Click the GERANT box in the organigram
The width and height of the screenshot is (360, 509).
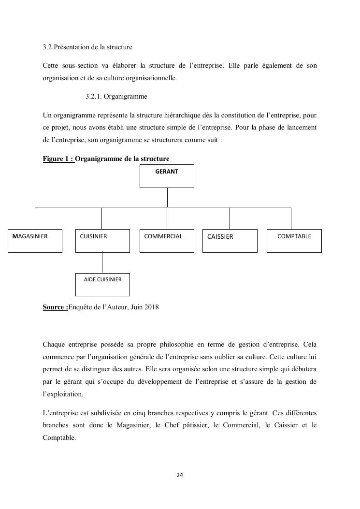coord(167,176)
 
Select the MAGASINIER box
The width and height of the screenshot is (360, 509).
coord(35,241)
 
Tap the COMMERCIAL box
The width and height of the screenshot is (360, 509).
coord(167,241)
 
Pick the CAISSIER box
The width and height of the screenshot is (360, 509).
coord(230,241)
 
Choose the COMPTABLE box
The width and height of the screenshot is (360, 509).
coord(294,241)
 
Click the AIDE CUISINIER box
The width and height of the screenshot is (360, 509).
coord(102,284)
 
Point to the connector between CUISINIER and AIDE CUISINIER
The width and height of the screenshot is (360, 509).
coord(102,262)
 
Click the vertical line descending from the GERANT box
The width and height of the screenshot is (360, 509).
coord(167,197)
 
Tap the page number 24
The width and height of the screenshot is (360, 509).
coord(180,475)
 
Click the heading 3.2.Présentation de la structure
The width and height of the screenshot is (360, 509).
coord(87,47)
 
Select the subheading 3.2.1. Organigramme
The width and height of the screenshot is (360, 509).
coord(116,97)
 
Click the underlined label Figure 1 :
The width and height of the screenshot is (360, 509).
coord(58,159)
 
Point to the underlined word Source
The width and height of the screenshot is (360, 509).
coord(55,307)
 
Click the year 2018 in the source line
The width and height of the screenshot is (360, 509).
coord(151,307)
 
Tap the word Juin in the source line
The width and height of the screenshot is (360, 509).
coord(136,307)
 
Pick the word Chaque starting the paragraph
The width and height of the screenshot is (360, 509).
coord(54,345)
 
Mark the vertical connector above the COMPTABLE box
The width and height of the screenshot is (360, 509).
coord(291,218)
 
